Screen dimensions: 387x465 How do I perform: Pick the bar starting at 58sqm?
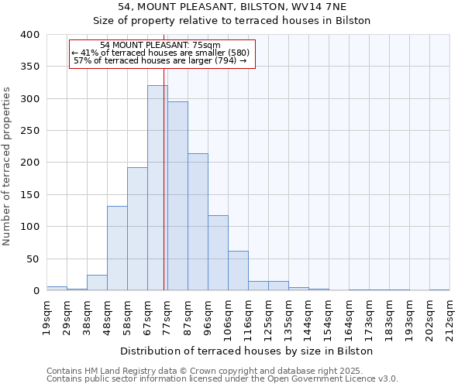coord(137,229)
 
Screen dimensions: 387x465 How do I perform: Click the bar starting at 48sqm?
coord(117,248)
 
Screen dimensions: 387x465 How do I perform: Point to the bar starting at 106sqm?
coord(238,271)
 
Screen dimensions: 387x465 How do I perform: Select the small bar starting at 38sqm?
coord(97,283)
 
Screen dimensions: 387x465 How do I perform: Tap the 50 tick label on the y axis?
coord(33,259)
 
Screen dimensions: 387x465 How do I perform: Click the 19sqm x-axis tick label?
coord(47,314)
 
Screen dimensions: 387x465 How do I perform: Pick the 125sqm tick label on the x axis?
coord(268,317)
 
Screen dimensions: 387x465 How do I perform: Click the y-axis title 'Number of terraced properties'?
coord(7,166)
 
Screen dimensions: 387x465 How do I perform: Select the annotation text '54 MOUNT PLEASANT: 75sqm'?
coord(160,45)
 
